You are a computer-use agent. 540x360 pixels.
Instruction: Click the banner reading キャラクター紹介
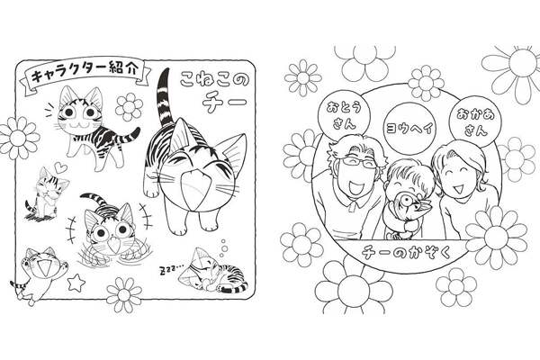pos(85,72)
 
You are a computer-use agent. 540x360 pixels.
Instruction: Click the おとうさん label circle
pos(345,114)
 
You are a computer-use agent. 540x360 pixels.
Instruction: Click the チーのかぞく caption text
pos(406,252)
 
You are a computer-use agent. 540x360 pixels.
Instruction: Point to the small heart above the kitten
pos(61,168)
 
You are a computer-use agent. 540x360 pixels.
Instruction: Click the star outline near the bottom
pos(76,283)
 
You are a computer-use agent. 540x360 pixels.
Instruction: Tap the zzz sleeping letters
pos(171,270)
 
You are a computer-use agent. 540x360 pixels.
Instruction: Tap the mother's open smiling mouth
pos(458,189)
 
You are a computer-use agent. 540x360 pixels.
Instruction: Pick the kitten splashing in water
pos(109,231)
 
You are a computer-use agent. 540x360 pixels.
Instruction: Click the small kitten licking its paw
pos(47,195)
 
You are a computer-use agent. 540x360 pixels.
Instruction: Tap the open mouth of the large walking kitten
pos(195,190)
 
